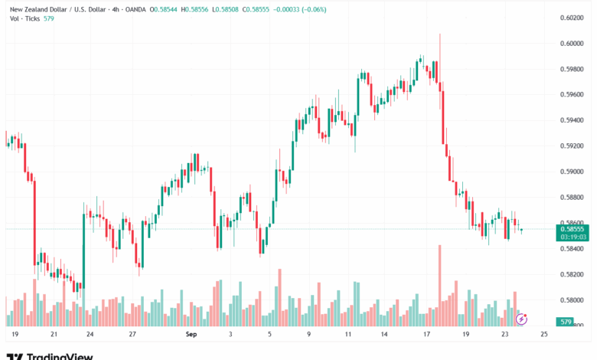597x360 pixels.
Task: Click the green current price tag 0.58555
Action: [x=573, y=228]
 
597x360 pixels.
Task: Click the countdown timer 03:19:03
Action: [x=573, y=237]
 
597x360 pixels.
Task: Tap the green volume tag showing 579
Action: [x=566, y=322]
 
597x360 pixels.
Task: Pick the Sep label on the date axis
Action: [x=191, y=335]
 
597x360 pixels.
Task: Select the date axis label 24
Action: [x=90, y=335]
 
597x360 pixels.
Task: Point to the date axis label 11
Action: [x=347, y=335]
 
